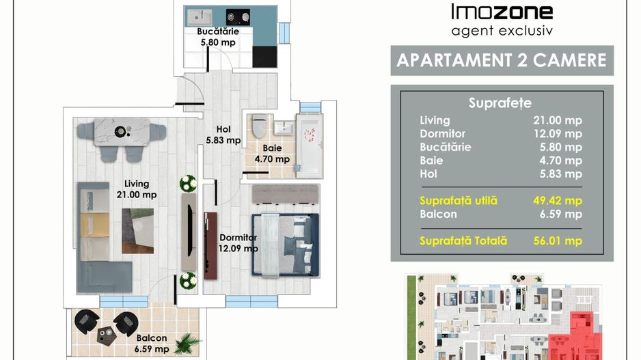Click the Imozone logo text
pyautogui.click(x=502, y=12)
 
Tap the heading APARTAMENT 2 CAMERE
pyautogui.click(x=502, y=61)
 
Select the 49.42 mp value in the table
pyautogui.click(x=558, y=201)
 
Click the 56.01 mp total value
pyautogui.click(x=558, y=240)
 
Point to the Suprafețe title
pyautogui.click(x=500, y=103)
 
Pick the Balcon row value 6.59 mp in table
pyautogui.click(x=560, y=214)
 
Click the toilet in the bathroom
pyautogui.click(x=259, y=126)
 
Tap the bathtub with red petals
pyautogui.click(x=310, y=146)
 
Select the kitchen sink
pyautogui.click(x=200, y=17)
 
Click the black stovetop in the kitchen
pyautogui.click(x=238, y=17)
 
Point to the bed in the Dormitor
pyautogui.click(x=286, y=245)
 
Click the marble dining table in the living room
pyautogui.click(x=122, y=132)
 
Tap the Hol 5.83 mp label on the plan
pyautogui.click(x=223, y=135)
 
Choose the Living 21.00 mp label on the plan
pyautogui.click(x=137, y=189)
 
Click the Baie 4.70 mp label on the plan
pyautogui.click(x=272, y=154)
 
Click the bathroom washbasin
pyautogui.click(x=284, y=128)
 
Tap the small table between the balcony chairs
pyautogui.click(x=107, y=335)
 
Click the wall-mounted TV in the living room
pyautogui.click(x=190, y=231)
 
